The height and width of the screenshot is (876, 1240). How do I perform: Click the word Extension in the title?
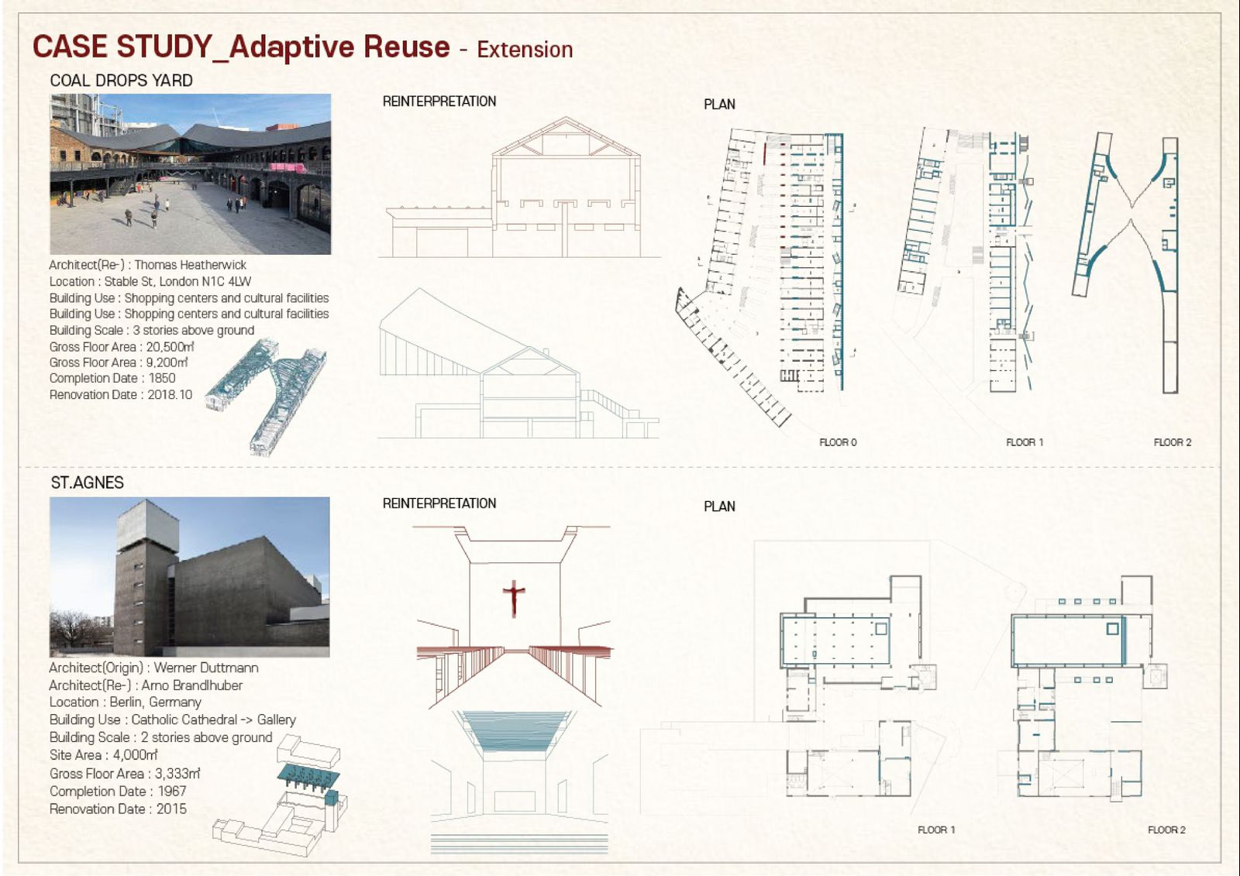tap(525, 50)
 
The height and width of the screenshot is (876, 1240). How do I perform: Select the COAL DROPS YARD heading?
tap(121, 81)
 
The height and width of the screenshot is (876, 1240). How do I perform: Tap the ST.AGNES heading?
tap(88, 483)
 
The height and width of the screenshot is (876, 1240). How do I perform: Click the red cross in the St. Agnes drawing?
tap(514, 598)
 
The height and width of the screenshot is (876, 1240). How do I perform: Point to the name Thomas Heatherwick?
tap(191, 265)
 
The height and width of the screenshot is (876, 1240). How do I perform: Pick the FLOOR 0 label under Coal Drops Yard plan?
tap(838, 442)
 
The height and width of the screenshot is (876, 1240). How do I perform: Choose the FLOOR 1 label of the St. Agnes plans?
tap(937, 830)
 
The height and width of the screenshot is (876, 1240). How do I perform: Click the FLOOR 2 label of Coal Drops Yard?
tap(1173, 442)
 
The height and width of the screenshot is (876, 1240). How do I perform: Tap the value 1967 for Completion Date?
tap(171, 792)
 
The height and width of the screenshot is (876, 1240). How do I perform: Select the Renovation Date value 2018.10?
tap(170, 394)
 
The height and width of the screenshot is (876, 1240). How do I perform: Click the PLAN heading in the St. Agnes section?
tap(719, 507)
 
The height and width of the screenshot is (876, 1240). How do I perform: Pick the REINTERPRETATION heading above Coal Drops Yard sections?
tap(439, 101)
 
